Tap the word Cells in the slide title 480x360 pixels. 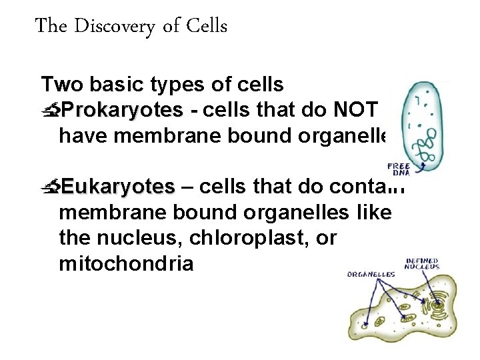(x=207, y=26)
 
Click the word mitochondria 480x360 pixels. (x=127, y=263)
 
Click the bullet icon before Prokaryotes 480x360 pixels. (x=49, y=111)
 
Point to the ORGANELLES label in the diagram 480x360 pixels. (x=371, y=274)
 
